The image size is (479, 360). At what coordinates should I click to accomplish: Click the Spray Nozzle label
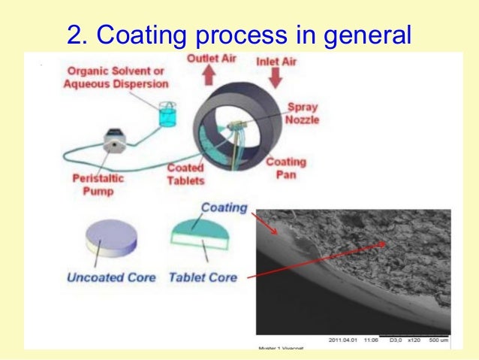(x=304, y=113)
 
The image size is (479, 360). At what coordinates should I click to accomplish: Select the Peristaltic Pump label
(x=98, y=185)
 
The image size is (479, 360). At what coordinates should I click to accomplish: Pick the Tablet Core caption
(x=203, y=277)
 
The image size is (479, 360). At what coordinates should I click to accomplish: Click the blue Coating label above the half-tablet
(x=224, y=208)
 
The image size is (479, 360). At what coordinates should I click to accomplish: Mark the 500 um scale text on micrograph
(x=435, y=340)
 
